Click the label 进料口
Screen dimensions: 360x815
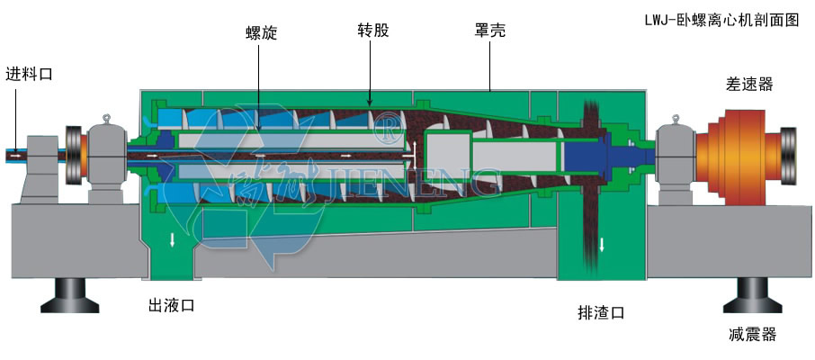point(29,74)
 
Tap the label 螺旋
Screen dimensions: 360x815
point(261,33)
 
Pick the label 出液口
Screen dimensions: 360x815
point(171,306)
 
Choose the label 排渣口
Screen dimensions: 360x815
point(601,313)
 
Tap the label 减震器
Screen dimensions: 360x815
point(752,335)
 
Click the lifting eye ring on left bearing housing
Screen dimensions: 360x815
point(106,119)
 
